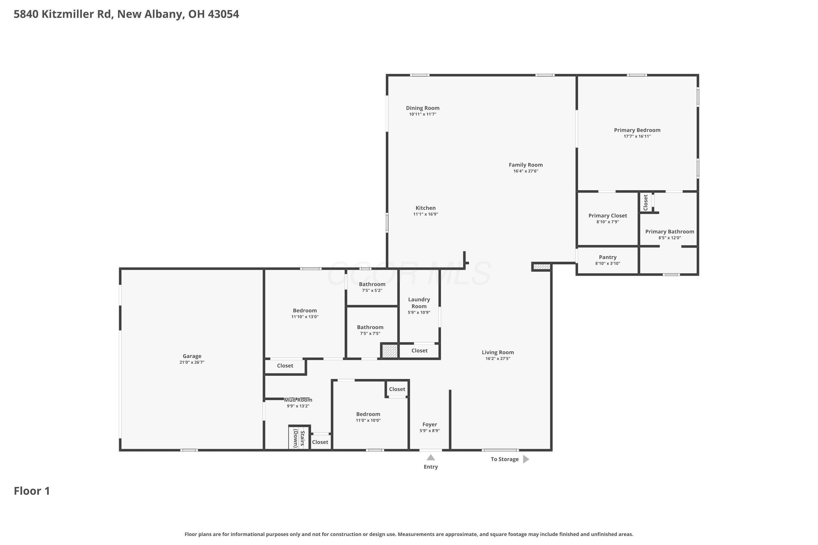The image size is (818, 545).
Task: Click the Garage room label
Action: [192, 356]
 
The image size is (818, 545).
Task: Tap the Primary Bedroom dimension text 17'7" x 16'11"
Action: [637, 136]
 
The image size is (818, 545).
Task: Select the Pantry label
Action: [608, 257]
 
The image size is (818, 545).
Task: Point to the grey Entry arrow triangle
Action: [431, 458]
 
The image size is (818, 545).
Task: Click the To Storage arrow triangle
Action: [526, 459]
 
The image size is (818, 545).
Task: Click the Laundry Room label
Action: [419, 303]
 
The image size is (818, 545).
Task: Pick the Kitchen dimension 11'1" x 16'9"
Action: [425, 214]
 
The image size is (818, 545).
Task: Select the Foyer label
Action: [429, 424]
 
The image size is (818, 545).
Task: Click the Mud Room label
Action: [298, 400]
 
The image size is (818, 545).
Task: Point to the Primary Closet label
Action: [608, 216]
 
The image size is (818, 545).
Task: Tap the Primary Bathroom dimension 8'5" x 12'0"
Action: [669, 238]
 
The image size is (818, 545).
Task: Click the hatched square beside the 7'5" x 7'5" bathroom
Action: [390, 351]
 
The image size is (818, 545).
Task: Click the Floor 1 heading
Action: [32, 491]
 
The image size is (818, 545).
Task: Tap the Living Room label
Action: [498, 352]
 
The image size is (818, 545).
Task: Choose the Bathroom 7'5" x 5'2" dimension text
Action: [372, 290]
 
